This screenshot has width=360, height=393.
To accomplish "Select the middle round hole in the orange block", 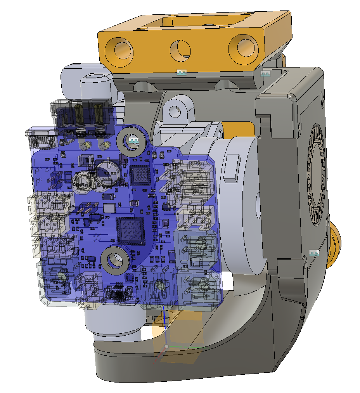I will click(x=181, y=50).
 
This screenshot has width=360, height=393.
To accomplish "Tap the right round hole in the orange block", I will click(x=243, y=48).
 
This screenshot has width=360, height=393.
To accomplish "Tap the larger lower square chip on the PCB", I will click(x=130, y=230).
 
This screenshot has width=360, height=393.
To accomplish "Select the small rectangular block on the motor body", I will click(x=232, y=168).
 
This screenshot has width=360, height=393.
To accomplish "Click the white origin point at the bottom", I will click(x=166, y=346).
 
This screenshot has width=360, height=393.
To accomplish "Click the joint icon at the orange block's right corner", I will click(x=265, y=73).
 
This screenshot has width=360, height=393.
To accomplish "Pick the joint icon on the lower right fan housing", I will click(x=314, y=253).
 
